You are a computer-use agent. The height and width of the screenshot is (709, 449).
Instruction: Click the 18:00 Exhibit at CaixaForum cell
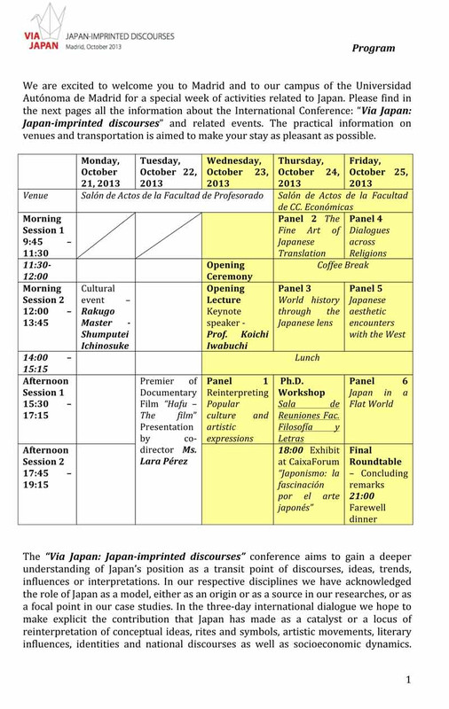tap(307, 485)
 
